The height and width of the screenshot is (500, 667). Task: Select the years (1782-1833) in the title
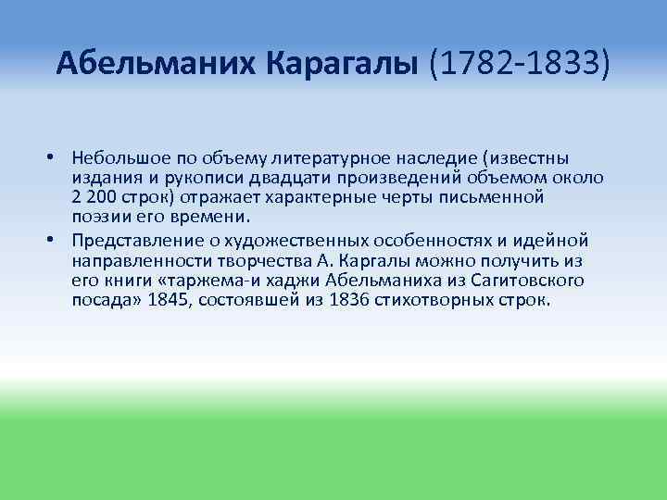pos(520,65)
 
